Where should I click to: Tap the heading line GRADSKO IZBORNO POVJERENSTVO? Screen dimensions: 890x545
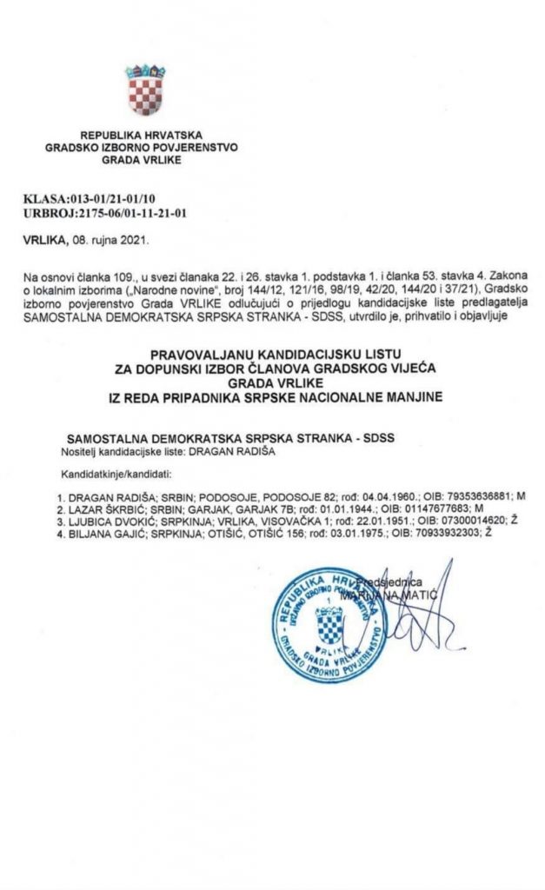pyautogui.click(x=141, y=148)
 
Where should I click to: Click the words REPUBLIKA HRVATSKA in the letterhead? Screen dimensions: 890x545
pyautogui.click(x=141, y=136)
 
